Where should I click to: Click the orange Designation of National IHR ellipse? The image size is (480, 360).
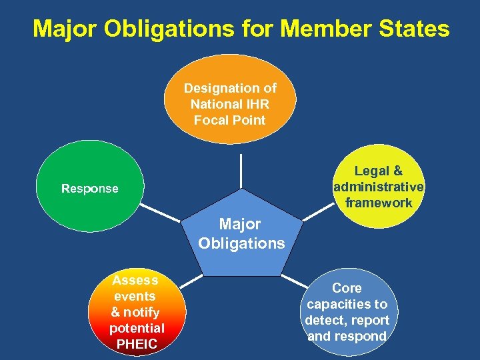(x=230, y=99)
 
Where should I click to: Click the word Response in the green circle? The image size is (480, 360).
(x=89, y=189)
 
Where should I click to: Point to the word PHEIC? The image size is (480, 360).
(x=137, y=344)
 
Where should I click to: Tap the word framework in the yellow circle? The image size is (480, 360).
(x=379, y=203)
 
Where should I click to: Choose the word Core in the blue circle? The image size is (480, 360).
(x=347, y=288)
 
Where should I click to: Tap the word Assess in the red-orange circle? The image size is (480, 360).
(x=135, y=280)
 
